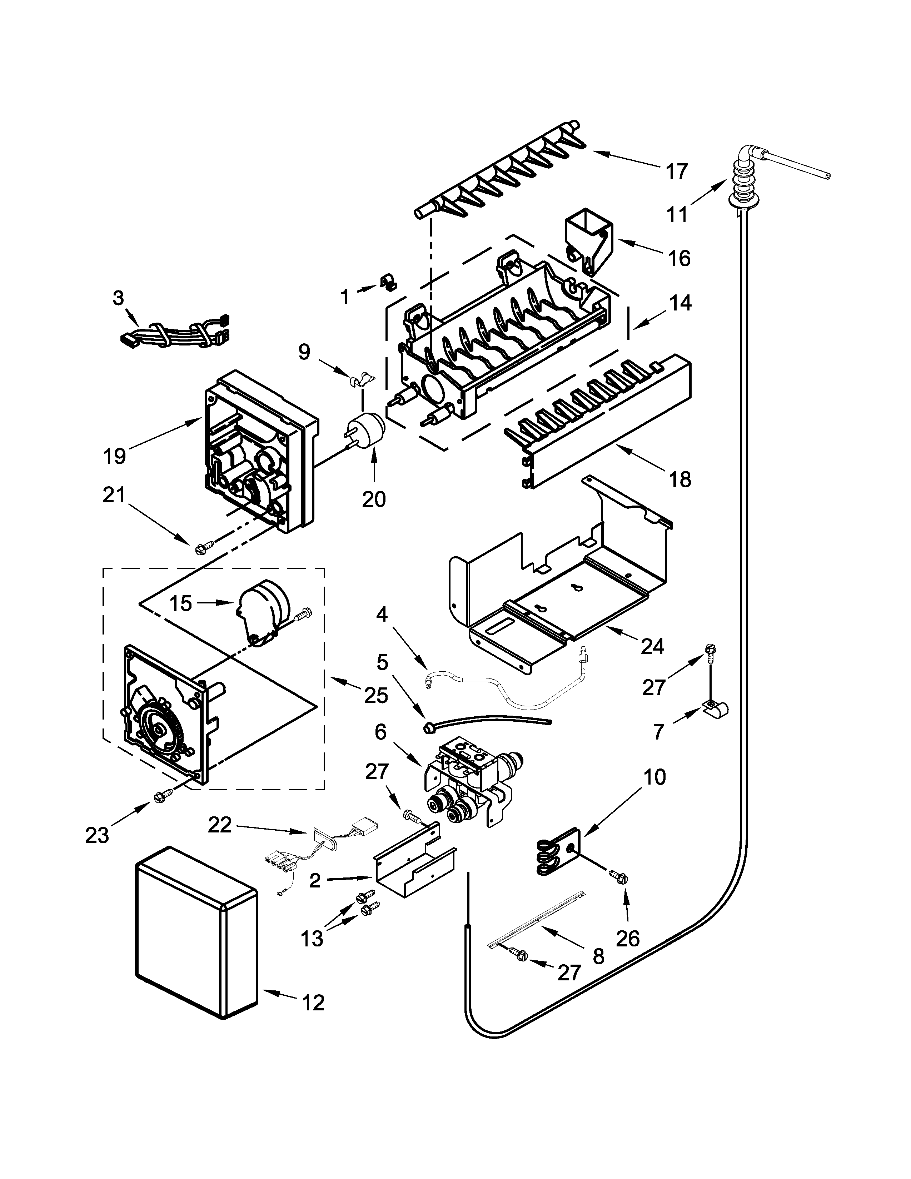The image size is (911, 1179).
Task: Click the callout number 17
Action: (677, 171)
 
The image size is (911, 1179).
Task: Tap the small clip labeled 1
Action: (387, 281)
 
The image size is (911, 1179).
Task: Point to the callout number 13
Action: (312, 938)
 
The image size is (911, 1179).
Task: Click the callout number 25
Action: (375, 695)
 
